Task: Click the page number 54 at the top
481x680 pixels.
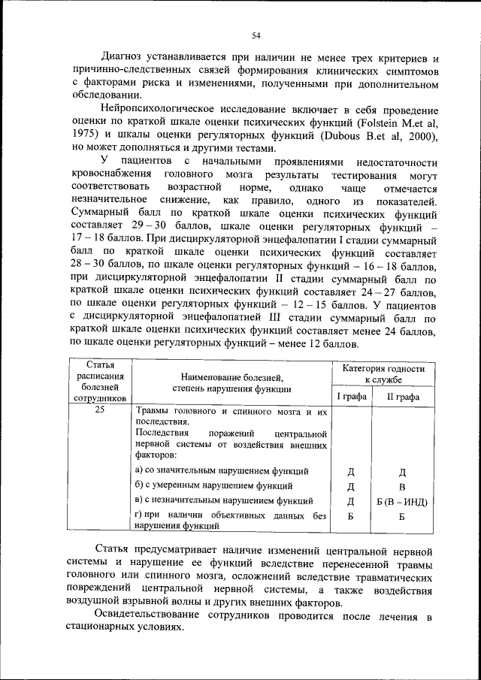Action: (x=256, y=35)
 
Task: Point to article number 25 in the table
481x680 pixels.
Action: (x=100, y=413)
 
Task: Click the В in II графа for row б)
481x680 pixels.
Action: (x=402, y=486)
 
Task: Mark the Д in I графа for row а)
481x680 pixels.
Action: (x=351, y=472)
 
